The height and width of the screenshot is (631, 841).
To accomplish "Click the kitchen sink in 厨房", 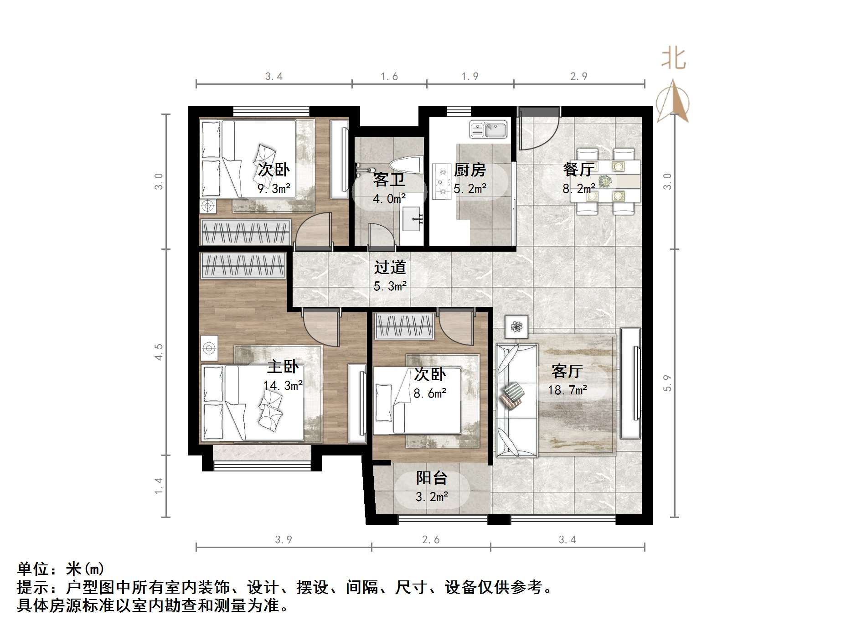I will (489, 129).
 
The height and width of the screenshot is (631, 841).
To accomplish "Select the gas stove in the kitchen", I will (441, 181).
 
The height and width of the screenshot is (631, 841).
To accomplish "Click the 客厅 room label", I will (567, 371).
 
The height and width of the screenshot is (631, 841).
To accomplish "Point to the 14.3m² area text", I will (283, 386).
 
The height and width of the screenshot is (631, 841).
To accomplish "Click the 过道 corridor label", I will (390, 267).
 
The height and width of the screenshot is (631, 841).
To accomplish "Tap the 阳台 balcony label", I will (431, 478).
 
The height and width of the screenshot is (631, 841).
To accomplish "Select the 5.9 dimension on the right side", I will (667, 383).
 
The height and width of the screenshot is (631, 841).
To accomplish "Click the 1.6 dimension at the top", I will (389, 77).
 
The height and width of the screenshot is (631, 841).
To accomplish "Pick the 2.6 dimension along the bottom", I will (431, 540).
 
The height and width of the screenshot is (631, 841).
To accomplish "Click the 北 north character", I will (674, 59).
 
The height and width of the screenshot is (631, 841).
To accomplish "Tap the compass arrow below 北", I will (673, 103).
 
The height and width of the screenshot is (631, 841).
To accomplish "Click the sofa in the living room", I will (516, 400).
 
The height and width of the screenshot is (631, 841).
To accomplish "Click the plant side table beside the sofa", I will (516, 326).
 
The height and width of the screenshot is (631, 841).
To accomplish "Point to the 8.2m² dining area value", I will (578, 189).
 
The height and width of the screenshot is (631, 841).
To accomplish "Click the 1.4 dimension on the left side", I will (159, 486).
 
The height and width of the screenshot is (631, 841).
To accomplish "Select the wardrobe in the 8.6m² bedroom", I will (404, 326).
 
